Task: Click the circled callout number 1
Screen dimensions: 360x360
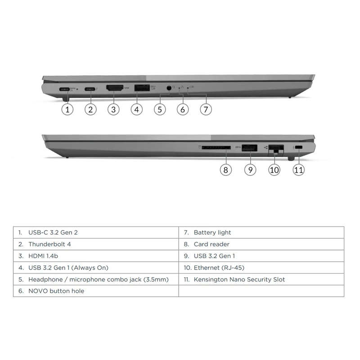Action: point(67,109)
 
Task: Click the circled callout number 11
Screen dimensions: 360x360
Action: point(299,170)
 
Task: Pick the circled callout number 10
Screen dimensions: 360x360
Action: point(274,170)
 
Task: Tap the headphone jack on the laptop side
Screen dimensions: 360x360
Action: point(169,88)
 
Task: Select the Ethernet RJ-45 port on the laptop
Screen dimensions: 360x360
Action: point(276,148)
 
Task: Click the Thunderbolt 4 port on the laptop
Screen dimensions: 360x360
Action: point(91,89)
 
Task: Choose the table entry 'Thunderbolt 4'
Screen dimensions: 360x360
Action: point(49,244)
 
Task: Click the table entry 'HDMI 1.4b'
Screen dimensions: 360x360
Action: point(43,256)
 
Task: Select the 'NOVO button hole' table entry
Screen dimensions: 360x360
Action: point(56,291)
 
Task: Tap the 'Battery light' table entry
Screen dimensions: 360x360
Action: point(212,233)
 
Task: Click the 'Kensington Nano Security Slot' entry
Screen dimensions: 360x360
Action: point(239,279)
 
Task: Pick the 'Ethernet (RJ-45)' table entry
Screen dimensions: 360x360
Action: point(219,268)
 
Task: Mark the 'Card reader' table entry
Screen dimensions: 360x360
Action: point(211,244)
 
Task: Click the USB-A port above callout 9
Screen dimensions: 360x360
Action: point(249,147)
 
